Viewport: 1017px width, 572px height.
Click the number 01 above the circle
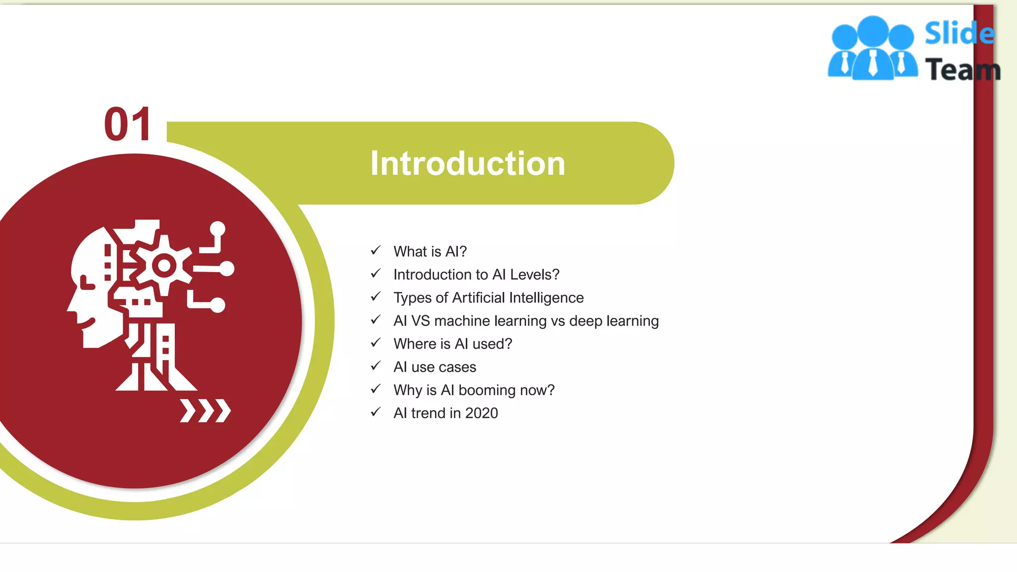128,124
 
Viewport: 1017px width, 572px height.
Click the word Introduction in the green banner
467,163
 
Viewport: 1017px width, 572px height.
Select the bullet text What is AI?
430,251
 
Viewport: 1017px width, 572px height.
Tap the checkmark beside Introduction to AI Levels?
376,274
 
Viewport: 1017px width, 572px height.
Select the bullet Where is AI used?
452,344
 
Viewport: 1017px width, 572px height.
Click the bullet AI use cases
435,367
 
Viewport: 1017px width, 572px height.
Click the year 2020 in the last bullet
481,413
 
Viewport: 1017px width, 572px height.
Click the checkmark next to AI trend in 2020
376,412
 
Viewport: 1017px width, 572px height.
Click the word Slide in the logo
959,33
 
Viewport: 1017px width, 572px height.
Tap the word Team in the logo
962,70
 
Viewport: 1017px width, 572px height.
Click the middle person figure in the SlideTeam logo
873,50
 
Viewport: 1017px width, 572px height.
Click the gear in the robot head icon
163,266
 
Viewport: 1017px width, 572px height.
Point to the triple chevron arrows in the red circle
205,411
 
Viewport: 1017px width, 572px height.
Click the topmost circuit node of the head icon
218,229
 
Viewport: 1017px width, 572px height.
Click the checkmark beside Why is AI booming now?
376,389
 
